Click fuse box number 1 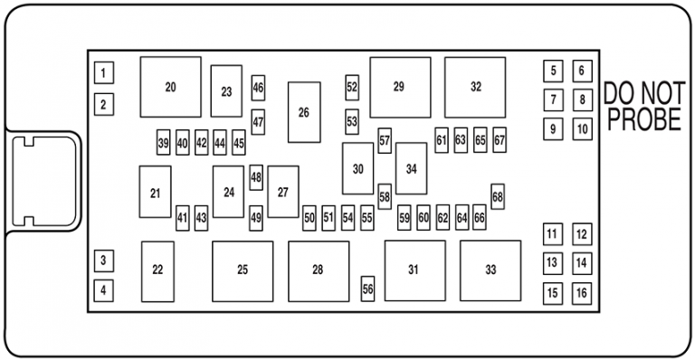coord(104,73)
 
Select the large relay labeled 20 coord(170,87)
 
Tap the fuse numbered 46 coord(259,88)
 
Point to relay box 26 coord(304,112)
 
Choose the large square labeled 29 coord(399,87)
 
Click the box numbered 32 coord(475,87)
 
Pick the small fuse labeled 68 coord(498,197)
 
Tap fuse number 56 coord(367,289)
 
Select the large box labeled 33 coord(490,270)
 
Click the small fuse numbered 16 coord(581,293)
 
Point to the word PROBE coord(643,121)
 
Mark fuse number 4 coord(104,290)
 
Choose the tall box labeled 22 coord(157,271)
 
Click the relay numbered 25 coord(242,270)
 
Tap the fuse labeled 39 coord(163,143)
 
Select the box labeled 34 coord(411,169)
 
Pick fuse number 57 coord(385,141)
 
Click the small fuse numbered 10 coord(581,129)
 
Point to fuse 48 coord(256,178)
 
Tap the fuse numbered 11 coord(552,235)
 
